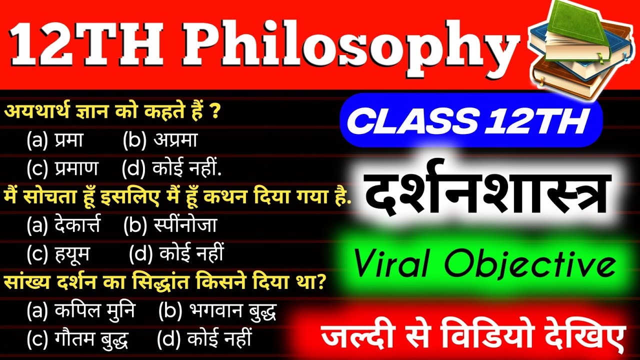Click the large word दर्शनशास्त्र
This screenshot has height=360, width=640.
point(485,192)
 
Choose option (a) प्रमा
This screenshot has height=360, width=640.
point(55,141)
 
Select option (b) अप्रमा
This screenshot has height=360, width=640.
point(160,141)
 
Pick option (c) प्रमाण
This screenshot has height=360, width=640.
point(62,169)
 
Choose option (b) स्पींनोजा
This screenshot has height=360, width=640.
point(170,226)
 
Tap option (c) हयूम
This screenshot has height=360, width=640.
point(58,254)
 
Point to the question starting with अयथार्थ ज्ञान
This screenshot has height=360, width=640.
point(112,111)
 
